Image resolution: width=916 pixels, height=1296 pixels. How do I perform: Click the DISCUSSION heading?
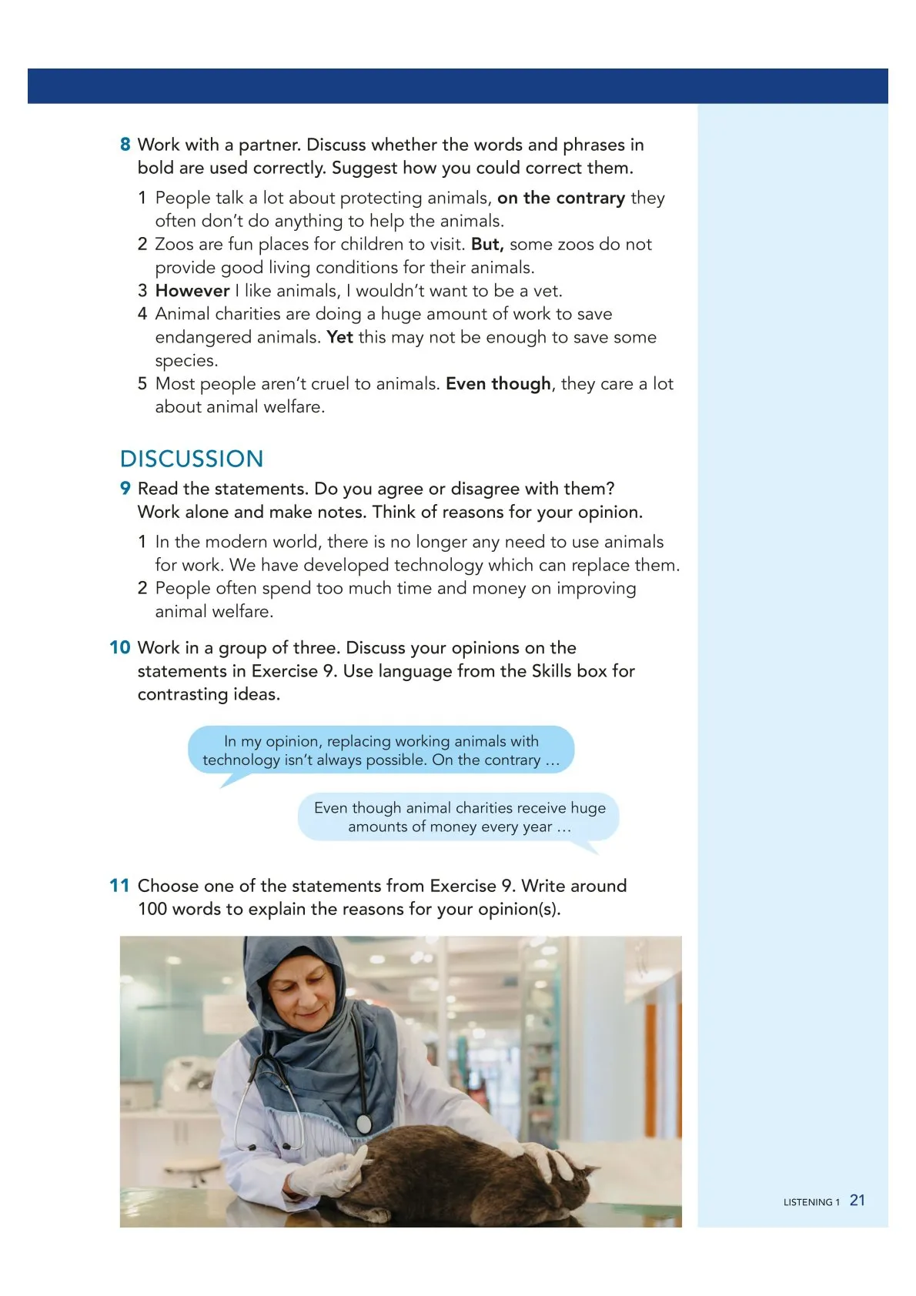point(192,459)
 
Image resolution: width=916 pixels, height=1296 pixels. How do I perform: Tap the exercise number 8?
point(125,145)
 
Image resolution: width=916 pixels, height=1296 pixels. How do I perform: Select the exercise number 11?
point(119,886)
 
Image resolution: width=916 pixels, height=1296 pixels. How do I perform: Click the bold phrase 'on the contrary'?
point(560,198)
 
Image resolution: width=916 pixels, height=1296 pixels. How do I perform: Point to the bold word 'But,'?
point(487,245)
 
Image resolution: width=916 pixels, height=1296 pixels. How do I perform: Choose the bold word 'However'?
point(192,291)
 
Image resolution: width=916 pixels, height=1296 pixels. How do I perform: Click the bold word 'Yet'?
point(339,337)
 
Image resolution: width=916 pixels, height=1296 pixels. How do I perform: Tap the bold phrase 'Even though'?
point(498,383)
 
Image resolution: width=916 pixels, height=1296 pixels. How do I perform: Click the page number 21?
point(857,1201)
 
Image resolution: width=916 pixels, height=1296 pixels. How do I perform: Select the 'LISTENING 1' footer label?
point(811,1202)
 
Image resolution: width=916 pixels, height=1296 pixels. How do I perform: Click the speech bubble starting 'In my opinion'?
point(381,750)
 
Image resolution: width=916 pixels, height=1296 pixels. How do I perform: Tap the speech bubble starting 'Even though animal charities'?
point(459,817)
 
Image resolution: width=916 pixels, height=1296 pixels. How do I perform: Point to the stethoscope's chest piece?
point(364,1124)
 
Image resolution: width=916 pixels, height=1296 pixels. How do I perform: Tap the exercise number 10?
point(119,648)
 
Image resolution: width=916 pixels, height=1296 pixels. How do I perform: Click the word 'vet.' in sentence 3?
point(547,291)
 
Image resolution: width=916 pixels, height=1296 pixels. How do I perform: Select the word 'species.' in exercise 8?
point(186,361)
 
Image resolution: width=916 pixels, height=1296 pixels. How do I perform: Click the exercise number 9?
point(125,489)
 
